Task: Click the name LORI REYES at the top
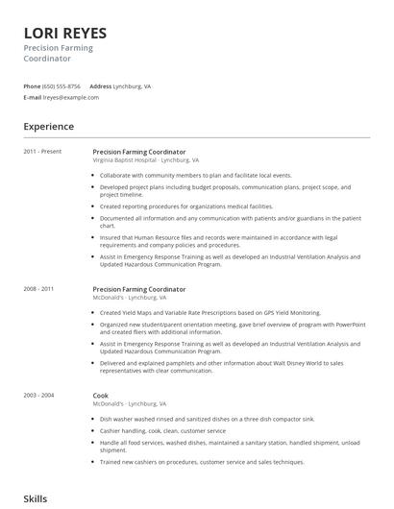[64, 33]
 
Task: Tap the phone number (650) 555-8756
[62, 85]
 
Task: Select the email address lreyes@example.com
[72, 97]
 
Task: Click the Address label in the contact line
[101, 85]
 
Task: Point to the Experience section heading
[48, 126]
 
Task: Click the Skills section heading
[36, 498]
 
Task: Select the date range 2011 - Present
[42, 152]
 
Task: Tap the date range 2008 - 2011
[39, 289]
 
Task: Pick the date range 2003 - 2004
[39, 396]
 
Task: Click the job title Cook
[101, 396]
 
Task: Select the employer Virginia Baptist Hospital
[124, 160]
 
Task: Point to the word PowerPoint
[347, 325]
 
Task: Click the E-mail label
[33, 97]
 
